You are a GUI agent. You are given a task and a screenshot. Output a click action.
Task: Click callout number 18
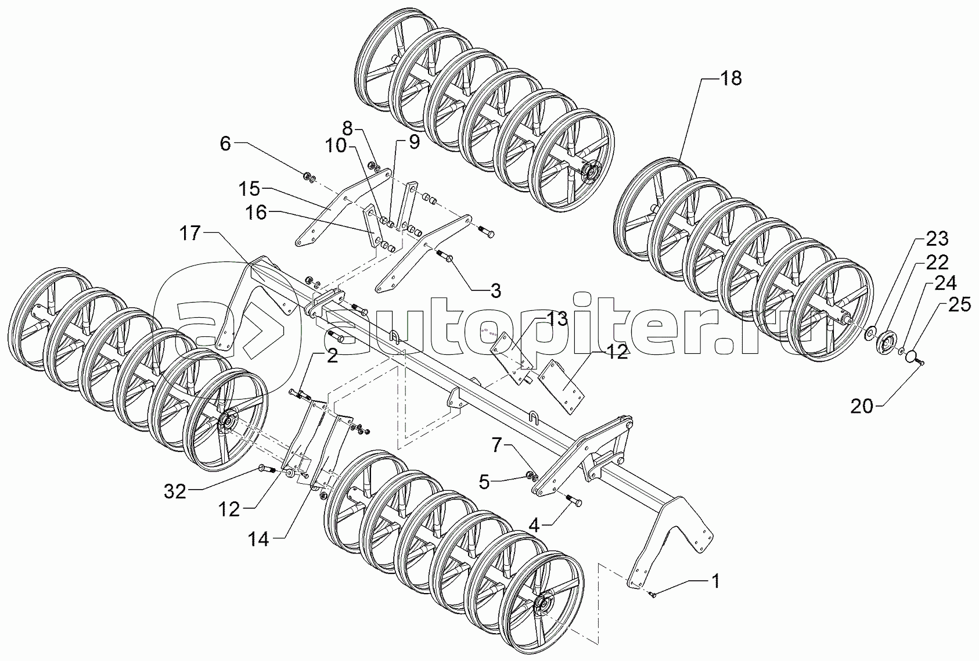click(x=731, y=78)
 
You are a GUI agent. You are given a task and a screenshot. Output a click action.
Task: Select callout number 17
click(x=189, y=233)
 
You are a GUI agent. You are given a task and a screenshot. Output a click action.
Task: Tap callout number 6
click(x=225, y=143)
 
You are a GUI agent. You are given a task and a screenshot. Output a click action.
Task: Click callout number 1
click(x=716, y=580)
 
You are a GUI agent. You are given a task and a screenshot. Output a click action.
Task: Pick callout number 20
click(x=862, y=407)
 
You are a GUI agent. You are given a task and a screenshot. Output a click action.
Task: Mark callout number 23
click(x=937, y=239)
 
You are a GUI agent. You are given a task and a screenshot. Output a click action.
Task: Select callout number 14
click(x=259, y=540)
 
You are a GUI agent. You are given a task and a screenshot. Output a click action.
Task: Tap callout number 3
click(x=495, y=291)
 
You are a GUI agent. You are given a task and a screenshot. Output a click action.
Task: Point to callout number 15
click(x=250, y=189)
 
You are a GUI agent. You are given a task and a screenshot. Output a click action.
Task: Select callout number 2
click(x=332, y=356)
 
